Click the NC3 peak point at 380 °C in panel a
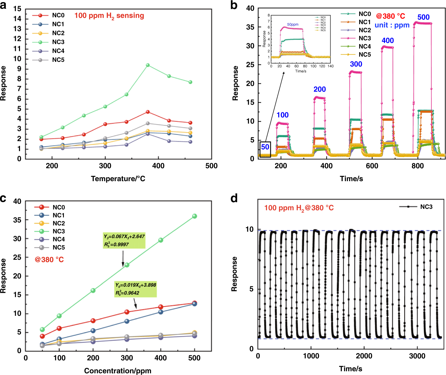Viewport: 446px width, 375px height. [x=148, y=65]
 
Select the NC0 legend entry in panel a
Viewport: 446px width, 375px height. [x=58, y=15]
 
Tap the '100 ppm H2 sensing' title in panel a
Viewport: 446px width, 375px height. [x=109, y=16]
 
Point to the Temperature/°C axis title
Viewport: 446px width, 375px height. [x=118, y=179]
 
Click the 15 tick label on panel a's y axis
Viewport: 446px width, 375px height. [x=17, y=9]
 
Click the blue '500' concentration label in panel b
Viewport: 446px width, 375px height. [x=423, y=17]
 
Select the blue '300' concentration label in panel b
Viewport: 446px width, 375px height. [x=356, y=64]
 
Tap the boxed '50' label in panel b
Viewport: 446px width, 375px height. [x=265, y=147]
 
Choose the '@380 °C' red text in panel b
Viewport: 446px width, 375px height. [x=390, y=16]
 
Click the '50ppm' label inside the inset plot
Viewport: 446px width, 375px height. [x=293, y=24]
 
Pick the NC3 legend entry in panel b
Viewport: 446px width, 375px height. [x=364, y=38]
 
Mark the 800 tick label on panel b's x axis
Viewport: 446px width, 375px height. [x=417, y=166]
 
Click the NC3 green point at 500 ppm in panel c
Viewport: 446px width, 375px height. [x=194, y=216]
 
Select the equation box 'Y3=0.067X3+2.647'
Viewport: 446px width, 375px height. [x=124, y=240]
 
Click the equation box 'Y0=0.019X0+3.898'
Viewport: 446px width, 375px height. [x=135, y=289]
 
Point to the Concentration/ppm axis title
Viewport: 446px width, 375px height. [x=118, y=371]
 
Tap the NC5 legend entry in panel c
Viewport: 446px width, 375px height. [x=59, y=247]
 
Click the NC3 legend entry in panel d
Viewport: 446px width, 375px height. [x=426, y=207]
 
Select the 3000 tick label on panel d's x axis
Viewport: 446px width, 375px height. [x=417, y=356]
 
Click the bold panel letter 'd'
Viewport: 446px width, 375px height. [x=234, y=199]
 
